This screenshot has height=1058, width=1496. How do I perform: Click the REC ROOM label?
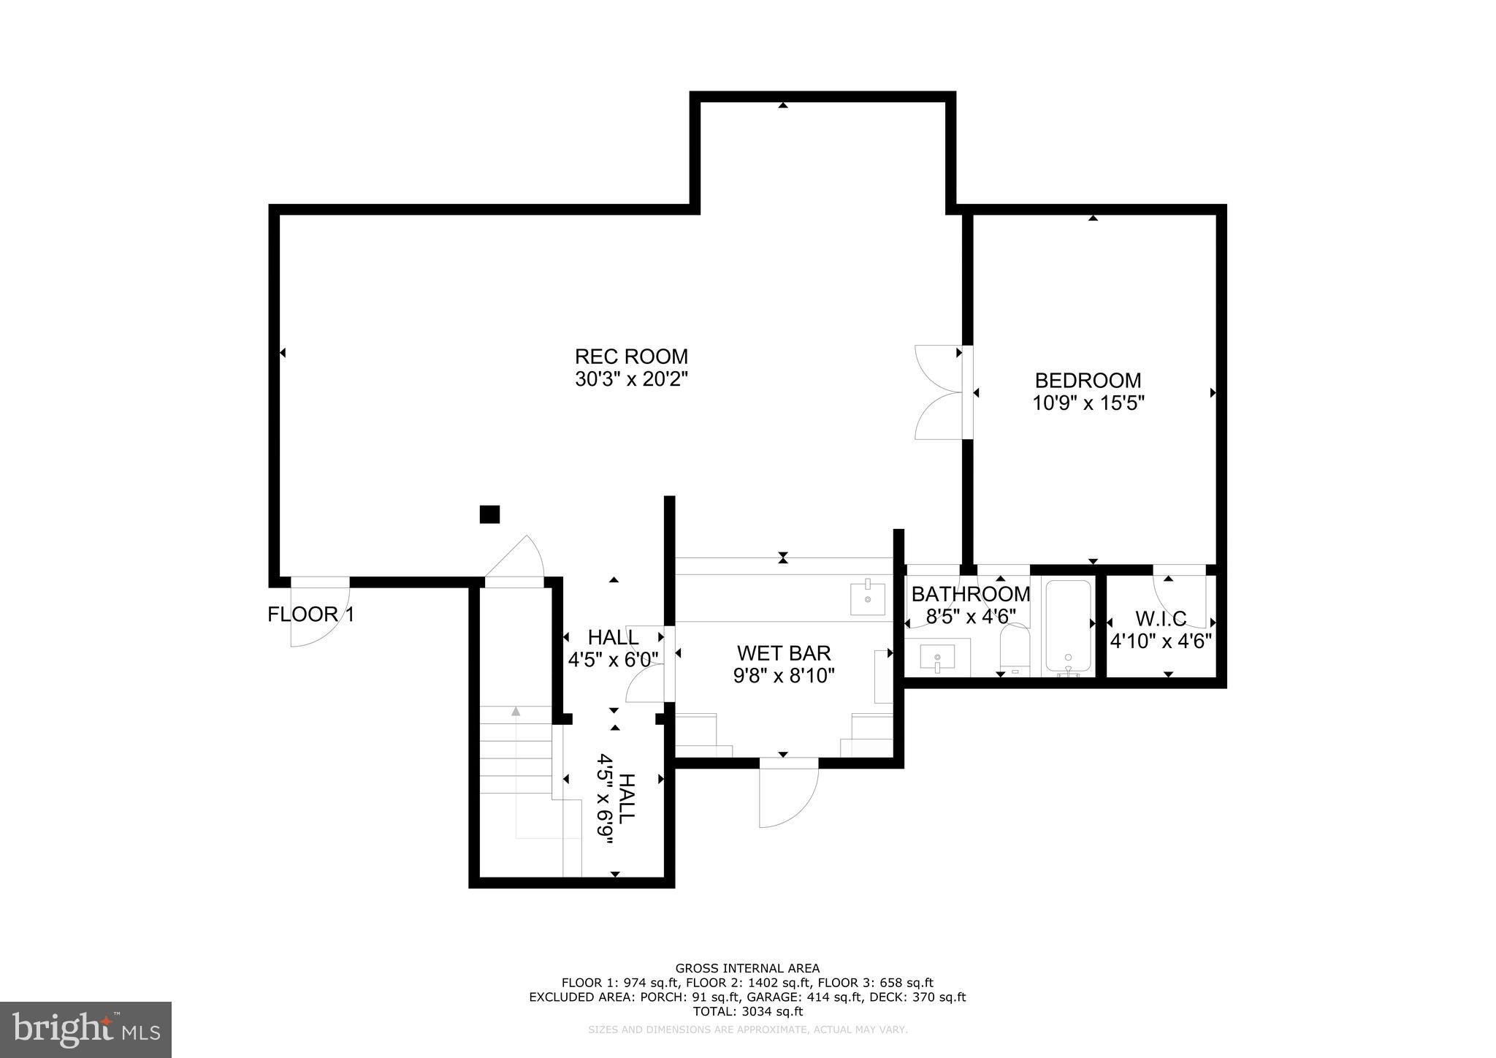[631, 357]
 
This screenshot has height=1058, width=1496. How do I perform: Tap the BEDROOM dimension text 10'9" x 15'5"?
[1088, 403]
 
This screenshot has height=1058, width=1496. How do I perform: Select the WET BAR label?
[784, 652]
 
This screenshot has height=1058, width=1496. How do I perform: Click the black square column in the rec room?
[489, 514]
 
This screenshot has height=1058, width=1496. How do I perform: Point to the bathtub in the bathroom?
[1068, 626]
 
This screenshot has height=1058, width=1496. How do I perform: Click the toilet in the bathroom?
[1014, 647]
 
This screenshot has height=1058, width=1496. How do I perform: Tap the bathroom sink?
[937, 657]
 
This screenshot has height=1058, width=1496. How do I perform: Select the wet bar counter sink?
[868, 599]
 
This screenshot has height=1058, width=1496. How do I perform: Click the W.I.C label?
[1161, 619]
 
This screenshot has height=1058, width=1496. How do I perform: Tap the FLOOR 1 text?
[310, 614]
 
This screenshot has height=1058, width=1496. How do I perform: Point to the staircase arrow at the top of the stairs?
[516, 711]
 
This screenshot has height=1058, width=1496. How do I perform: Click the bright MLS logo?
[85, 1030]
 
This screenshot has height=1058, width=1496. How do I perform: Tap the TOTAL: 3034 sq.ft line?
[747, 1012]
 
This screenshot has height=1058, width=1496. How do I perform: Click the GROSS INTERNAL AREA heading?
[747, 969]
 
